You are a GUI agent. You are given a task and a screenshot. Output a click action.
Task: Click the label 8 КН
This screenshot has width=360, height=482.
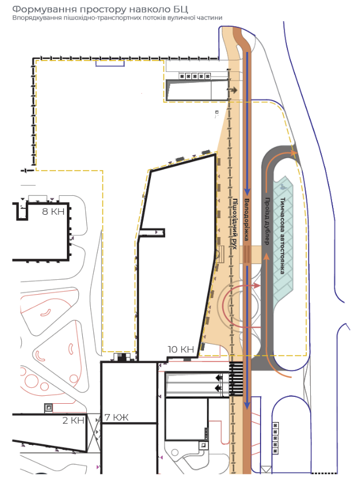tap(53, 211)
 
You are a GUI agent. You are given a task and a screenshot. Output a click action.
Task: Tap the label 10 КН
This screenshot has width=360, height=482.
tap(181, 349)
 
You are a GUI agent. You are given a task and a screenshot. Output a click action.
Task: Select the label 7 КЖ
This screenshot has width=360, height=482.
tap(117, 417)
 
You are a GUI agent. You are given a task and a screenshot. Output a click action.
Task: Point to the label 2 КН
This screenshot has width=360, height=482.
tap(73, 420)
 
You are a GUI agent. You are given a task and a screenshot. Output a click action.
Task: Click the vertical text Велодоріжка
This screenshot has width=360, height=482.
tap(247, 219)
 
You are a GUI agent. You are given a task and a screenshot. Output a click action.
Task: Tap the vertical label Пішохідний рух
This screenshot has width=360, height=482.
tap(234, 223)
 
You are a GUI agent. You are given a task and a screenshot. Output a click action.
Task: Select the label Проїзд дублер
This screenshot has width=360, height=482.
tap(267, 221)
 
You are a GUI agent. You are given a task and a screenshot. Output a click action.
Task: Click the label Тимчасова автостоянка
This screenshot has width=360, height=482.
tap(283, 235)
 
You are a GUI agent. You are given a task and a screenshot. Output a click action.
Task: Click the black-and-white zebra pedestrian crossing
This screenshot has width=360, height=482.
tap(237, 379)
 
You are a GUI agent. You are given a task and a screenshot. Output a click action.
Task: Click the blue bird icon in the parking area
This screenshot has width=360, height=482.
tap(282, 186)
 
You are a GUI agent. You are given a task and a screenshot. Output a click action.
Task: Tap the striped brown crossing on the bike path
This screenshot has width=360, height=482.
tap(247, 254)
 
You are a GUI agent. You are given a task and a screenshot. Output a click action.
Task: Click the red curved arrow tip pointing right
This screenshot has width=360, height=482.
tap(258, 286)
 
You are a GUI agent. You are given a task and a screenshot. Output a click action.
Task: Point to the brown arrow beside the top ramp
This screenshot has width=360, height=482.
tap(232, 90)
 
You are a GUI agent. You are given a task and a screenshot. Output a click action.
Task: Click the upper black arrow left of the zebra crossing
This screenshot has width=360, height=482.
tap(219, 377)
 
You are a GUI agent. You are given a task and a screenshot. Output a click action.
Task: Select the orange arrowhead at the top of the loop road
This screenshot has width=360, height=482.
tap(294, 152)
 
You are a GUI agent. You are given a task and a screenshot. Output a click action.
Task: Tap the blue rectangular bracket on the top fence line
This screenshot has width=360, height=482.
tap(110, 63)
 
